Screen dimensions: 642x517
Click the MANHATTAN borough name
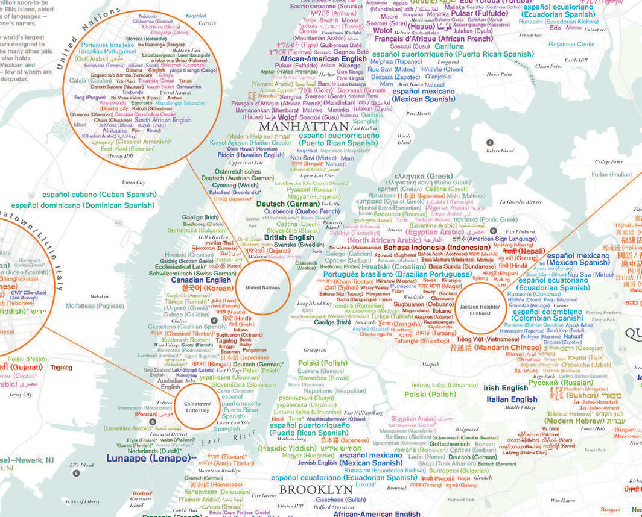[304, 127]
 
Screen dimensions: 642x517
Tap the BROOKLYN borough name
[316, 489]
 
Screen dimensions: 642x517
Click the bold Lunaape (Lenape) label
[148, 459]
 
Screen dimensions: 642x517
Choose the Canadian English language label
[201, 280]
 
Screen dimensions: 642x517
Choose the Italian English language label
[512, 399]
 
